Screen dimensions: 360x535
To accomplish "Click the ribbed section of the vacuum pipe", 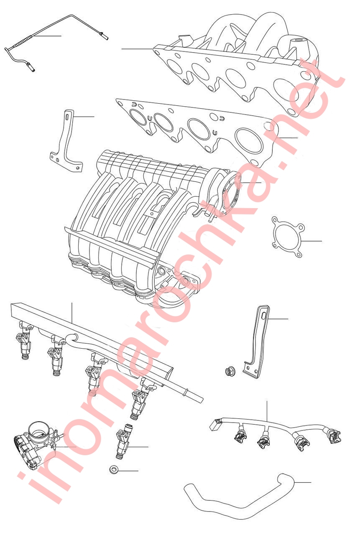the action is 23,41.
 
